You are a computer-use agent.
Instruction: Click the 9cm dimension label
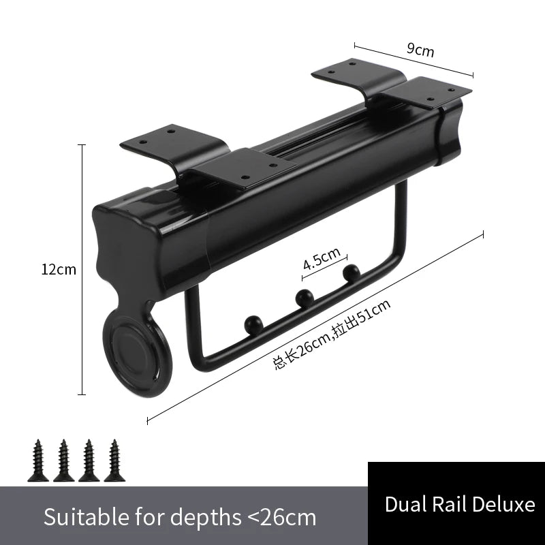tap(420, 50)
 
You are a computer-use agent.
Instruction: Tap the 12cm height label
tap(59, 270)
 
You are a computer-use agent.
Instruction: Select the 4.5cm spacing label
tap(322, 259)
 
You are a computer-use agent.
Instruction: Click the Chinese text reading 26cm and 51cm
tap(332, 334)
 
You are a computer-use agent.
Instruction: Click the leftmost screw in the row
tap(38, 461)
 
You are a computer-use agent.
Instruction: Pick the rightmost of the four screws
tap(114, 461)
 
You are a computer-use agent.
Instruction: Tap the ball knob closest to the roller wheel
tap(254, 325)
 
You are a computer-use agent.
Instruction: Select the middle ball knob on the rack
tap(305, 298)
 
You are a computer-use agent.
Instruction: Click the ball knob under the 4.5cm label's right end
tap(352, 273)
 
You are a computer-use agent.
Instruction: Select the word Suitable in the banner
tap(87, 517)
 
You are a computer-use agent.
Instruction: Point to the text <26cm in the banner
tap(281, 518)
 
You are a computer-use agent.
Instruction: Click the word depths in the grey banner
tap(206, 518)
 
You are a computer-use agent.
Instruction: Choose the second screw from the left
tap(63, 461)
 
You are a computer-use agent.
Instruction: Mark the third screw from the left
tap(89, 461)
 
